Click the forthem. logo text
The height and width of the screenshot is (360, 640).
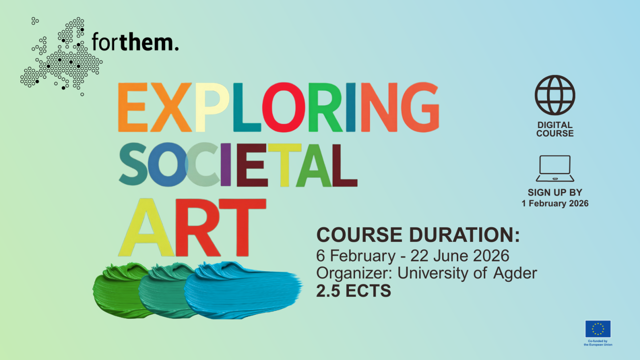coord(135,42)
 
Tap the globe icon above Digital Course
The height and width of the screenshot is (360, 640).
coord(555,95)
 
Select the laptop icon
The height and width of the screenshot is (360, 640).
coord(555,168)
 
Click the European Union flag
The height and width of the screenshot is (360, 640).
coord(598,329)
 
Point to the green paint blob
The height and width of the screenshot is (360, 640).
coord(120,290)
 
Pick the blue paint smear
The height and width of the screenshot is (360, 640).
coord(243,290)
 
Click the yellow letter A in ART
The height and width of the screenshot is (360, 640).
coord(146,227)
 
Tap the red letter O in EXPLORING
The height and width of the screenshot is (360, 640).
coord(284,107)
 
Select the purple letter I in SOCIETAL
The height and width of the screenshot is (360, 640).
coord(226,164)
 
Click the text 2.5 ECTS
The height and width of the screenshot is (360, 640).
coord(353,291)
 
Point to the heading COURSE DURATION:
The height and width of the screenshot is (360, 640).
coord(418,235)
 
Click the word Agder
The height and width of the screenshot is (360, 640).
coord(515,273)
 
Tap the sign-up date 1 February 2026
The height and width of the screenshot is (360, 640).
coord(555,204)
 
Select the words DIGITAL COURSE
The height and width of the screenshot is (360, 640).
coord(555,129)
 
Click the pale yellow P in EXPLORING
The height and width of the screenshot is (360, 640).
coord(212,107)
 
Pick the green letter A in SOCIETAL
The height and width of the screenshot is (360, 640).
coord(314,165)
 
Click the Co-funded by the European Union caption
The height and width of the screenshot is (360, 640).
coord(598,343)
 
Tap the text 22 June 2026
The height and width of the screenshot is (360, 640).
coord(460,256)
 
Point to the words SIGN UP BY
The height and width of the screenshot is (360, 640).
coord(555,192)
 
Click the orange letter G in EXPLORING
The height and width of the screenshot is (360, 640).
coord(420,107)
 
